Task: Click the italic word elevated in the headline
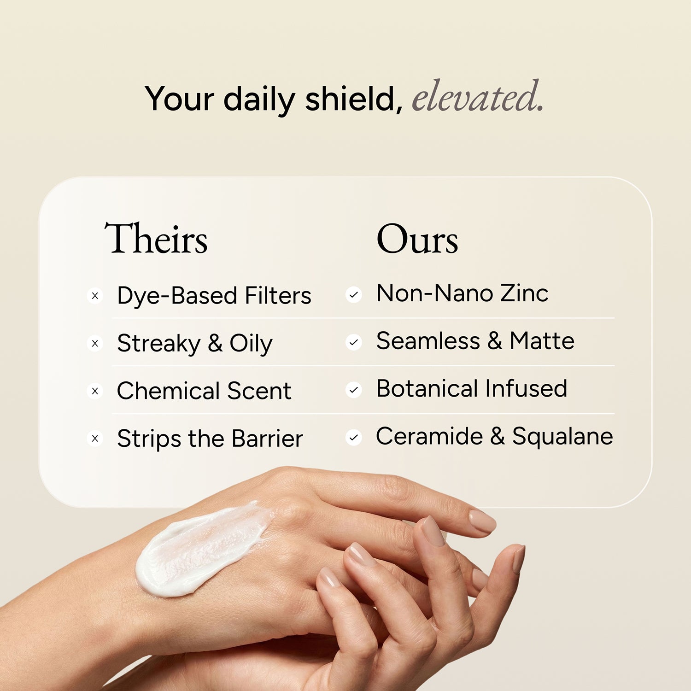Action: (477, 97)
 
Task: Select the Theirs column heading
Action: (156, 239)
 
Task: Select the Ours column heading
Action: (417, 239)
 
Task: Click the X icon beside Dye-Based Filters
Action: (95, 296)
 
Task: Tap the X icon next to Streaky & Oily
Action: (95, 344)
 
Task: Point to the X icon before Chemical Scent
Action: (95, 391)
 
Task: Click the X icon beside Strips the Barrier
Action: (95, 439)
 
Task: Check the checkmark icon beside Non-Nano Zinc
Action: (354, 295)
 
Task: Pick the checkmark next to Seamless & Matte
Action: (354, 342)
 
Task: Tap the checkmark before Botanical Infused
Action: (354, 390)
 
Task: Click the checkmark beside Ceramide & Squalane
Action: (354, 438)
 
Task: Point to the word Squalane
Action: (562, 437)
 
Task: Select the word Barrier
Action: (267, 439)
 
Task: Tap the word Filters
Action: (278, 296)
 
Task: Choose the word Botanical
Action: (427, 388)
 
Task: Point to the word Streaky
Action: (158, 344)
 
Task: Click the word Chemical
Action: (168, 391)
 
